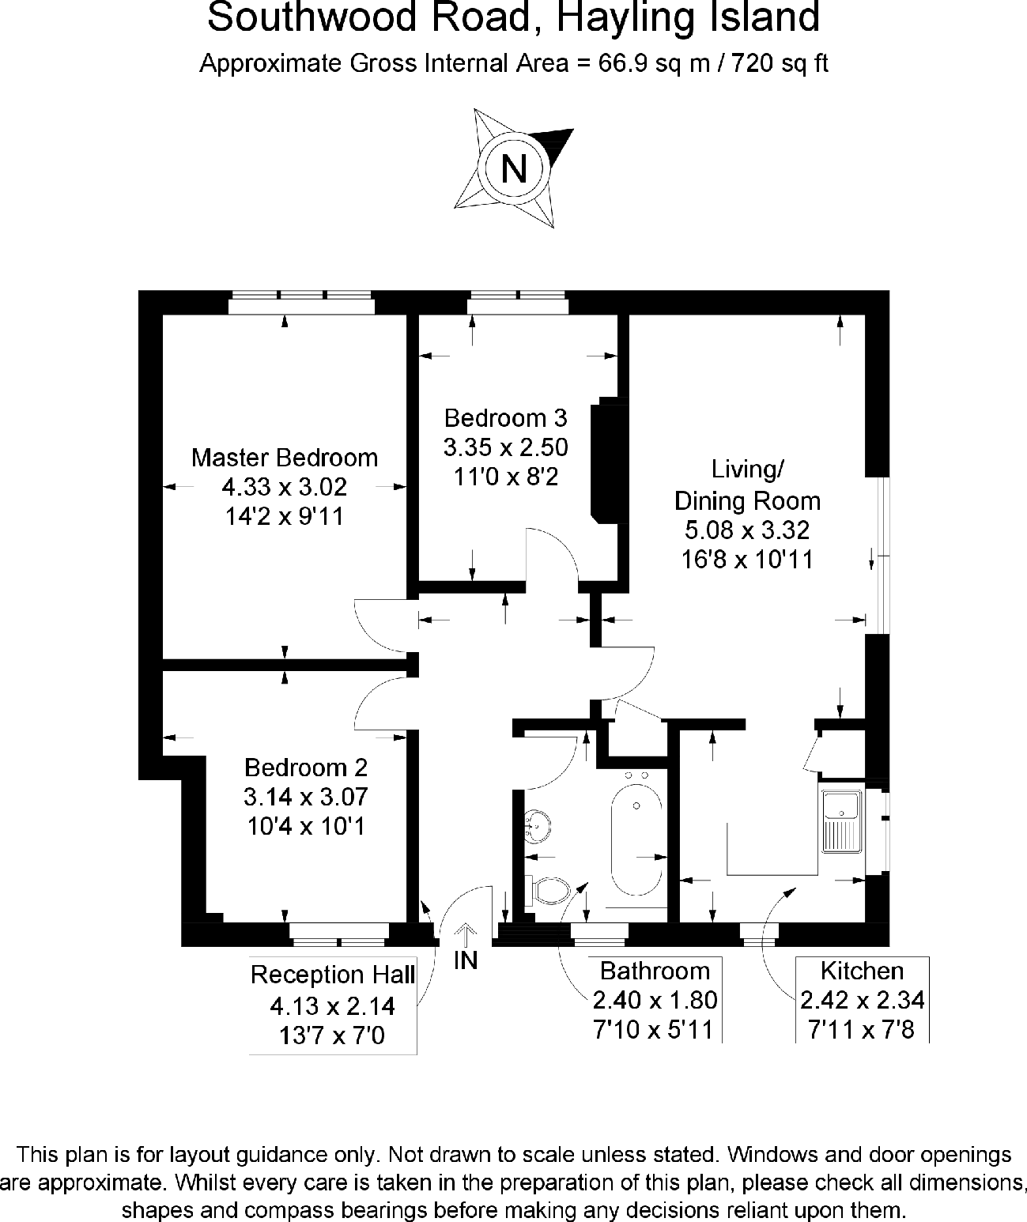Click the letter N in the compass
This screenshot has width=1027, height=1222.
[x=514, y=168]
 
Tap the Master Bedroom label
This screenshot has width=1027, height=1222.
[x=285, y=457]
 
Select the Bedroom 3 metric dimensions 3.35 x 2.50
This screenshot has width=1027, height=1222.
[x=506, y=447]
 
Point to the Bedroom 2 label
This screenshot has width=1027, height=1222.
[x=306, y=767]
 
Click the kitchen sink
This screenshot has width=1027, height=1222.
[x=841, y=820]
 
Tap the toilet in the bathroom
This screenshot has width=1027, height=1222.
[x=550, y=891]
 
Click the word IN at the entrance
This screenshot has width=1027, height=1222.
[x=466, y=960]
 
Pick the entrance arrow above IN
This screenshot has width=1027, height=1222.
[x=466, y=934]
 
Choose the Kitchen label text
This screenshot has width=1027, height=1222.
[x=862, y=971]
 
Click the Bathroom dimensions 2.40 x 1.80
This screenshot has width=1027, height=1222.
[x=655, y=1001]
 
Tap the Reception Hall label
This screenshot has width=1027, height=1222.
[x=333, y=975]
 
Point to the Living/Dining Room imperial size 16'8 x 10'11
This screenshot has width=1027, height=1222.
[x=747, y=560]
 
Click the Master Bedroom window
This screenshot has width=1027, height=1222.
[x=301, y=304]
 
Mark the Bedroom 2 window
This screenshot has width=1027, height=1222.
[x=339, y=934]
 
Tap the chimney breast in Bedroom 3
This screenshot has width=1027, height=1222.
[x=608, y=460]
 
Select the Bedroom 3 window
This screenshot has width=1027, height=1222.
[x=518, y=304]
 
